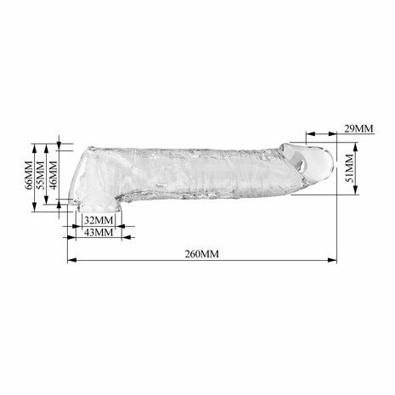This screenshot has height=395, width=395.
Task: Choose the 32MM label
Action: pyautogui.click(x=98, y=219)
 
